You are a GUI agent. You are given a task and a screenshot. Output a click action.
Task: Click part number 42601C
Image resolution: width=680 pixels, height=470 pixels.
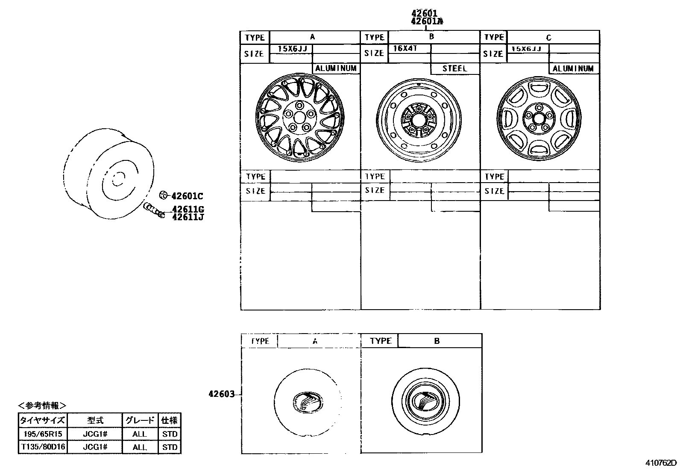(187, 196)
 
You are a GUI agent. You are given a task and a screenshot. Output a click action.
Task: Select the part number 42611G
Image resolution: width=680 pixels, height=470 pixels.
(188, 209)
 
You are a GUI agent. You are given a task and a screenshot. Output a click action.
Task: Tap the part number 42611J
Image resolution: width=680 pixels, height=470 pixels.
(188, 217)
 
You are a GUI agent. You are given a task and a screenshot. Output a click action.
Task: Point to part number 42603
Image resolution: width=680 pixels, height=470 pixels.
(221, 394)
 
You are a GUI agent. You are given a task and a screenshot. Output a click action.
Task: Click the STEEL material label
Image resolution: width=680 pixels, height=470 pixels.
(454, 68)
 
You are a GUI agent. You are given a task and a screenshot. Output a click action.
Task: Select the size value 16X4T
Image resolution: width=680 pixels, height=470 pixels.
(404, 48)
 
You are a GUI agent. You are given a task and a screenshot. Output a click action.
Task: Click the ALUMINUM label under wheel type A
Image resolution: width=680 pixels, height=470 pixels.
(336, 68)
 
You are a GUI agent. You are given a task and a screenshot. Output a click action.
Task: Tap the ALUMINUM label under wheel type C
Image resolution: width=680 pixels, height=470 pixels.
(573, 68)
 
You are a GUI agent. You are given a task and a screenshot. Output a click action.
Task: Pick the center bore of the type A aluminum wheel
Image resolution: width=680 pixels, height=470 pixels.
(299, 116)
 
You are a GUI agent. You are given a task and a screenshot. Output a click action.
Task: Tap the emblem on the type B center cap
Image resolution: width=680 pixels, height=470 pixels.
(425, 401)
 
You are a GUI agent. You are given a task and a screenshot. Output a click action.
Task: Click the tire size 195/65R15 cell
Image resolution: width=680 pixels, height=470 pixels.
(42, 434)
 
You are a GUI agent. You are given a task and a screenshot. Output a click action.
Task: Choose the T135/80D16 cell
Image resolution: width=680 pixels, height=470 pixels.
(42, 447)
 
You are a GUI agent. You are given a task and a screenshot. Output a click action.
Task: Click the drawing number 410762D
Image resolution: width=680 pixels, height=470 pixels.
(661, 463)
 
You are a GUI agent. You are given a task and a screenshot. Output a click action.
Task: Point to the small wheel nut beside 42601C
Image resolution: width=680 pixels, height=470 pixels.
(163, 195)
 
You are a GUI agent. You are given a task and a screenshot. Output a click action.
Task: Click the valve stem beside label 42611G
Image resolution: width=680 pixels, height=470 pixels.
(154, 210)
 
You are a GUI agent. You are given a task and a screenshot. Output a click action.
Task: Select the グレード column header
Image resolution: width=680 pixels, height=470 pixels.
(140, 420)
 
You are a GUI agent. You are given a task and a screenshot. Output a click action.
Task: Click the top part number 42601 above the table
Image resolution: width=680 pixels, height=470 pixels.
(424, 13)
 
